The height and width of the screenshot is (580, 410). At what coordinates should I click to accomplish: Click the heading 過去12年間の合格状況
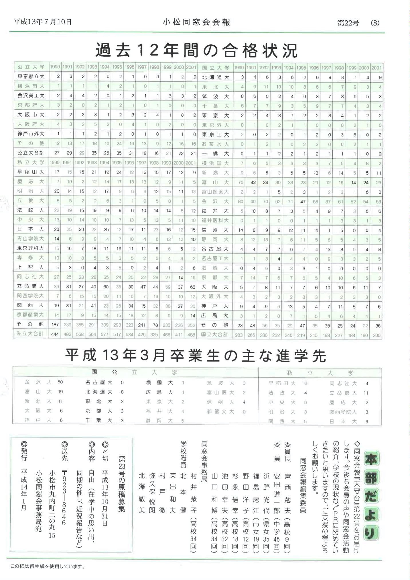(x=196, y=51)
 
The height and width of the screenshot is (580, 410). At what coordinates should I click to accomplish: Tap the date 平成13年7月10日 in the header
(x=43, y=22)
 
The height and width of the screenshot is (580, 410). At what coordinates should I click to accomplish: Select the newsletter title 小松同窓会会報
(x=196, y=22)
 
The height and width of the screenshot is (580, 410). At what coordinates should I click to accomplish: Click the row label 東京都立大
(x=31, y=77)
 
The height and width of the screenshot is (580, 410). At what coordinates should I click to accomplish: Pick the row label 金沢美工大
(x=31, y=95)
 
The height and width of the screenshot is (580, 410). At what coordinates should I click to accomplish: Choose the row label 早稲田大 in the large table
(x=31, y=172)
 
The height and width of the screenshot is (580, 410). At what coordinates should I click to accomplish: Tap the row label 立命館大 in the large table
(x=31, y=286)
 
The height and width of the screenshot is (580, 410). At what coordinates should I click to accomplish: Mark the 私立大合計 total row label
(x=30, y=334)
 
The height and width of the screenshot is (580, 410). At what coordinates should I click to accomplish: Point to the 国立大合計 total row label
(x=215, y=334)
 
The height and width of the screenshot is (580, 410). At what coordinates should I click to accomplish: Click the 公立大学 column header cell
(x=31, y=67)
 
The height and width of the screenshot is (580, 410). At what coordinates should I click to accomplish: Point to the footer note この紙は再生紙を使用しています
(x=48, y=567)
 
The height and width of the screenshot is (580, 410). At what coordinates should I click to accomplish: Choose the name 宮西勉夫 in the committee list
(x=287, y=499)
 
